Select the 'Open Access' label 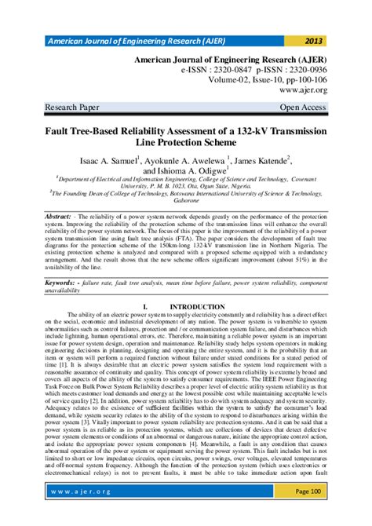click(323, 106)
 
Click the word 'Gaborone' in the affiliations click(185, 200)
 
